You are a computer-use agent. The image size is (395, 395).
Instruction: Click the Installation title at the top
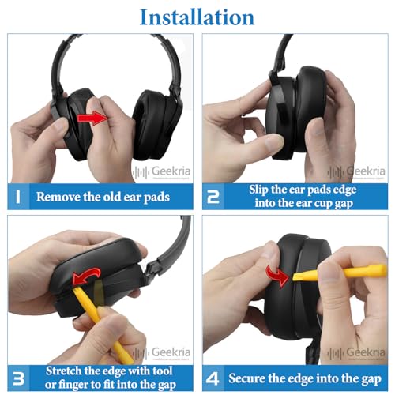tap(197, 17)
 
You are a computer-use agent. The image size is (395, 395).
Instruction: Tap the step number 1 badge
tap(17, 196)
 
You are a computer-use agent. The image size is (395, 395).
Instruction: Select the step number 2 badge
tap(213, 196)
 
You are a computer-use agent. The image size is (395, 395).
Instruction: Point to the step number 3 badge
tap(17, 374)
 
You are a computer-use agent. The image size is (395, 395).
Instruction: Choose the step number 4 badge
tap(213, 374)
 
